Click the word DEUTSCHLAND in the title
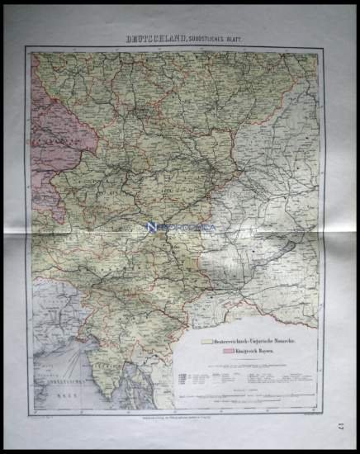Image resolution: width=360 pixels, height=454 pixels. [x=150, y=38]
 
